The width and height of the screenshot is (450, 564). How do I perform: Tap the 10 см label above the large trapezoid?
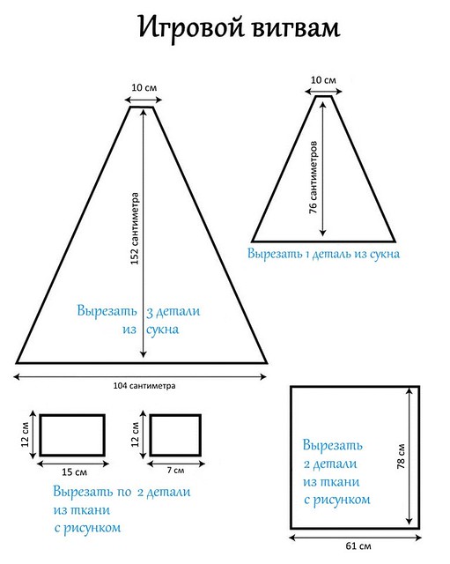pyautogui.click(x=144, y=87)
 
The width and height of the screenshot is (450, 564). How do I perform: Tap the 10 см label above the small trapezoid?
pyautogui.click(x=323, y=80)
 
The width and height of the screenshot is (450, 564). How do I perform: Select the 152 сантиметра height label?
pyautogui.click(x=135, y=229)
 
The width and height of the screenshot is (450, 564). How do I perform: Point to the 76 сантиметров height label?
pyautogui.click(x=314, y=177)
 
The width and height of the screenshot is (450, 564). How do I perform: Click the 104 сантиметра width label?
pyautogui.click(x=144, y=386)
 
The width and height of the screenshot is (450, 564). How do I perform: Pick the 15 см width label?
pyautogui.click(x=74, y=472)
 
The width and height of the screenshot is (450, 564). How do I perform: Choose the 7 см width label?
pyautogui.click(x=175, y=470)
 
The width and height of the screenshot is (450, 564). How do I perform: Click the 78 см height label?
pyautogui.click(x=401, y=456)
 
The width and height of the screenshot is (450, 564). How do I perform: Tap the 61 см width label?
pyautogui.click(x=358, y=546)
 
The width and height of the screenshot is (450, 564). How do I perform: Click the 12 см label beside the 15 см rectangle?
pyautogui.click(x=25, y=434)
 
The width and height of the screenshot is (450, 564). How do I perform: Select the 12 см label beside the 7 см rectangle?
pyautogui.click(x=135, y=434)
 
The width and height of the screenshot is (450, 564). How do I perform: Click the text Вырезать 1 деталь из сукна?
pyautogui.click(x=323, y=254)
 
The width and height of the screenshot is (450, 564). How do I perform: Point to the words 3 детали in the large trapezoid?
pyautogui.click(x=173, y=311)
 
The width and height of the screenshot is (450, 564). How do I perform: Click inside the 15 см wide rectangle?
pyautogui.click(x=72, y=435)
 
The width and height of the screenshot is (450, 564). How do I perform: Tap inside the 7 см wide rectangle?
pyautogui.click(x=175, y=435)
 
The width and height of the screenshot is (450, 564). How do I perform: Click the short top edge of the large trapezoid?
pyautogui.click(x=142, y=107)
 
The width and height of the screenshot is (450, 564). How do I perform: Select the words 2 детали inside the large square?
pyautogui.click(x=330, y=464)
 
